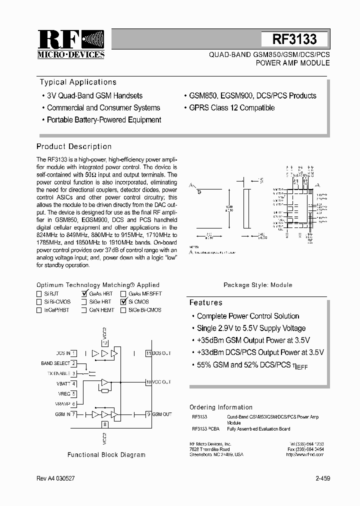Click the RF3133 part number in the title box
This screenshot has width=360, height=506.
294,39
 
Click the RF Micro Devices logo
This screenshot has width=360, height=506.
70,44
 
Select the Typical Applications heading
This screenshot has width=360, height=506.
78,82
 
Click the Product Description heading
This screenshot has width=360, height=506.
74,146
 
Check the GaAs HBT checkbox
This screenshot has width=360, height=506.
84,294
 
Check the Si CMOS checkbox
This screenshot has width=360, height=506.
123,302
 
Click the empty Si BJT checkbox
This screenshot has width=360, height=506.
39,294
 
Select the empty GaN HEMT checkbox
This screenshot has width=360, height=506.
84,310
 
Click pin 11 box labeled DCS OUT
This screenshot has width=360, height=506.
148,353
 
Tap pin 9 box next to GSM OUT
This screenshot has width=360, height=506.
148,414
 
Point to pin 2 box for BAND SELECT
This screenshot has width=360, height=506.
73,363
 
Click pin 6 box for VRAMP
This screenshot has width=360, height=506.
73,404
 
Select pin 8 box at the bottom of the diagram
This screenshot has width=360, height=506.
104,424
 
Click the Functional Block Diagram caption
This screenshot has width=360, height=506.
106,455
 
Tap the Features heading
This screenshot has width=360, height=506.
205,302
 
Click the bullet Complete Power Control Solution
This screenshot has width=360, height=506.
248,316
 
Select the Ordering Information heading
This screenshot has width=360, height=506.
221,407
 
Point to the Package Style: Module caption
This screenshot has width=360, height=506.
257,285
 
